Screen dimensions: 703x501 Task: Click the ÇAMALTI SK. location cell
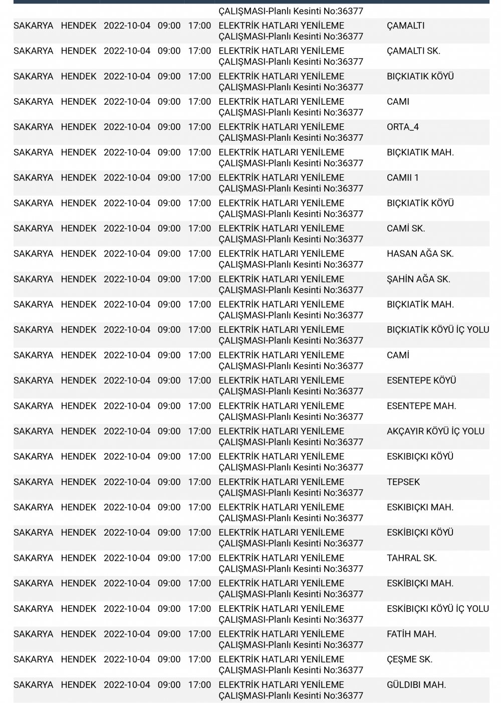click(x=413, y=51)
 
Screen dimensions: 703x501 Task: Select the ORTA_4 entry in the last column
click(x=402, y=127)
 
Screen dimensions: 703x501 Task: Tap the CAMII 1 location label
click(x=402, y=178)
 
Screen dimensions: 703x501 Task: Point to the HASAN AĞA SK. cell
click(x=420, y=254)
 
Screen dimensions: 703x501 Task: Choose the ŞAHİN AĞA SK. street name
click(x=418, y=280)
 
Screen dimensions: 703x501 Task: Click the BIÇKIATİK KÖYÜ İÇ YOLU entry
click(x=437, y=330)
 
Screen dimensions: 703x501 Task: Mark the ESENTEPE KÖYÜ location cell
click(x=421, y=381)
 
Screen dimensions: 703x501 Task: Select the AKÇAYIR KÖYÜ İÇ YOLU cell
click(x=435, y=431)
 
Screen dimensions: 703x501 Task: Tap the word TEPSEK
click(x=403, y=482)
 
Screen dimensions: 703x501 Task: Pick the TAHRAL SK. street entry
click(x=411, y=558)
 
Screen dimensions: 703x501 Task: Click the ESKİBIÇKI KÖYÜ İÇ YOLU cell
click(x=437, y=609)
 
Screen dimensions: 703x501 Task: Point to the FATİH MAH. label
click(x=411, y=634)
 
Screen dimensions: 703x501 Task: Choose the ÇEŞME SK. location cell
click(x=409, y=660)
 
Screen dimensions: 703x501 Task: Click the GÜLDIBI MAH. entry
click(x=416, y=685)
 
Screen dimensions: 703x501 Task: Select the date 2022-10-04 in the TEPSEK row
click(x=127, y=482)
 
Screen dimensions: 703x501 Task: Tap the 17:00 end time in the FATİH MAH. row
click(x=199, y=634)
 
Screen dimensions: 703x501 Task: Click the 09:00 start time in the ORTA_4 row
click(x=169, y=127)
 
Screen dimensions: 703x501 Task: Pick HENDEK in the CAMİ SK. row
click(x=79, y=228)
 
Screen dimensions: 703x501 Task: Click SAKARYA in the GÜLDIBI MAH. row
click(x=33, y=685)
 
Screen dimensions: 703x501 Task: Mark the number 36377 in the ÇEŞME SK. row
click(x=350, y=670)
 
